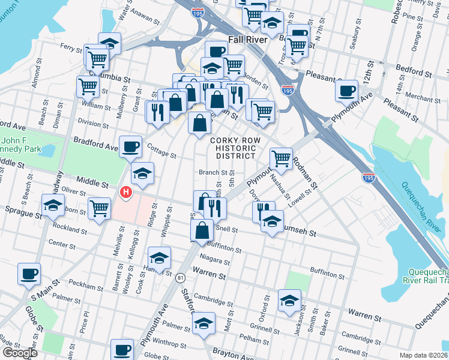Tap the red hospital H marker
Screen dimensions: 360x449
(125, 193)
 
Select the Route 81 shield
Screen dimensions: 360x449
(180, 277)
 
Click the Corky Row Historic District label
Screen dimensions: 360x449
(232, 148)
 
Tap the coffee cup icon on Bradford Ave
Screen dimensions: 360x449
(130, 146)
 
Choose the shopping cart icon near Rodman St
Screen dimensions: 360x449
(281, 158)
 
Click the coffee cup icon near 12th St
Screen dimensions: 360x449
(346, 91)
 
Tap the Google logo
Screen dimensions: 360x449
(20, 353)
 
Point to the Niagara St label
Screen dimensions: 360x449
(214, 262)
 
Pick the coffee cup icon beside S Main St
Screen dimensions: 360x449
(29, 274)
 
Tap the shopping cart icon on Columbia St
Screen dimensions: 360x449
(88, 86)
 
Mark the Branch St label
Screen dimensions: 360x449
(212, 172)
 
